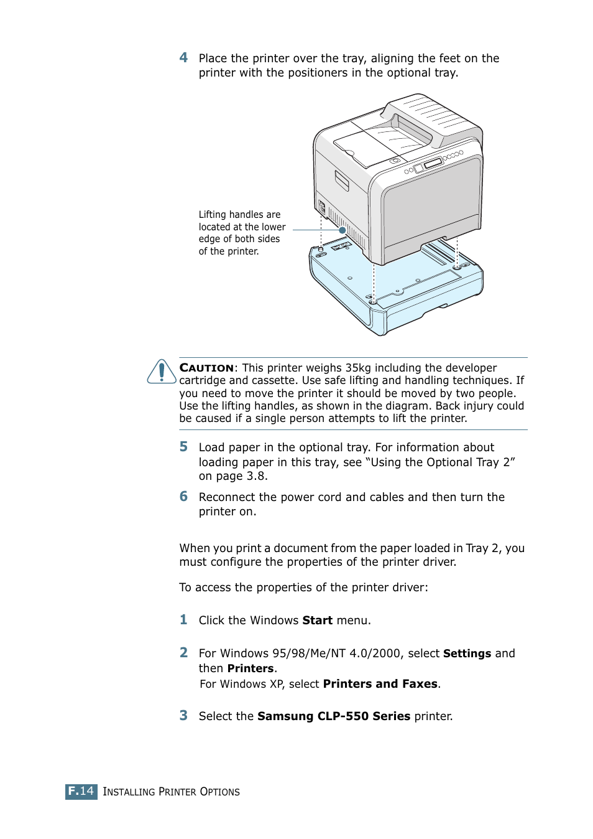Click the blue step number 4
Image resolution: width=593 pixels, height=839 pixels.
pos(183,58)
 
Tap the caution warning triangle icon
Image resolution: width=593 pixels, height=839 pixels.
pos(162,372)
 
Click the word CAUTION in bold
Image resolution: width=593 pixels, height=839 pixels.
pos(206,368)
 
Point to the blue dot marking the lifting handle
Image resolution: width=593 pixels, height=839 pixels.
pos(342,230)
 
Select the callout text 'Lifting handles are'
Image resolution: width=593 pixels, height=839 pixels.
pos(239,215)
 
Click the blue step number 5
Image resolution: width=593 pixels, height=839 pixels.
pos(183,447)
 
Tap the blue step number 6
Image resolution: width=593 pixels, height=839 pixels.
pos(183,497)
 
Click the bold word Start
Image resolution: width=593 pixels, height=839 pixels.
pos(317,621)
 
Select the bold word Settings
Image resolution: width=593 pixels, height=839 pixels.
pos(467,654)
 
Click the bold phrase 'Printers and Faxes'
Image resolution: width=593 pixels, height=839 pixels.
pos(380,684)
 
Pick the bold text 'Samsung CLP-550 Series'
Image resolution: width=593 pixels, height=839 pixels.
pos(334,716)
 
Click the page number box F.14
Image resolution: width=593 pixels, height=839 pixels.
pos(81,791)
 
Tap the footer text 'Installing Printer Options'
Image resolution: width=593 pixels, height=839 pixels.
pos(171,792)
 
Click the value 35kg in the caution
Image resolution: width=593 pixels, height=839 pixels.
pos(358,368)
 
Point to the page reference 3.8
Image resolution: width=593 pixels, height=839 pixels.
pos(256,476)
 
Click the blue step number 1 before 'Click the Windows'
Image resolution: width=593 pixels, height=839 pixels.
pos(183,620)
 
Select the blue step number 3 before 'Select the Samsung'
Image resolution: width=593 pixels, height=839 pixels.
pos(183,716)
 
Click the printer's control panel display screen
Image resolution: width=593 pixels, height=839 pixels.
pos(433,163)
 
